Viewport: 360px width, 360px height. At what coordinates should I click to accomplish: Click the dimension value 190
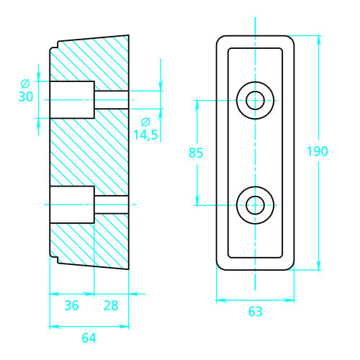click(318, 151)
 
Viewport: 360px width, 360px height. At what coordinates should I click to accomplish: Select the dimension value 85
click(196, 153)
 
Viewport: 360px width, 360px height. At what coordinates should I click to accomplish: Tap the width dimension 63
click(255, 312)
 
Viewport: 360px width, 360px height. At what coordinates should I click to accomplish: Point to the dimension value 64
click(89, 336)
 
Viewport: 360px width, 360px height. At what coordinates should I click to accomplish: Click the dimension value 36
click(71, 305)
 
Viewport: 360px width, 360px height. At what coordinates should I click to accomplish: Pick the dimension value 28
click(111, 305)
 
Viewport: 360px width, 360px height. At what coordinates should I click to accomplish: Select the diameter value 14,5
click(145, 135)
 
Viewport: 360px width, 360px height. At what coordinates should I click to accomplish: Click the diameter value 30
click(26, 97)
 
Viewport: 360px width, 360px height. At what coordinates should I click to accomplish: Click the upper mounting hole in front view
click(255, 100)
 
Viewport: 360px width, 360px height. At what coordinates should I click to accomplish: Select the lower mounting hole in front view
click(255, 205)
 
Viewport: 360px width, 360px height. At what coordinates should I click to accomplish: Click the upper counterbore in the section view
click(71, 100)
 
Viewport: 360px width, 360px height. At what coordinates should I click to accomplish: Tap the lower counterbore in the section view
click(71, 205)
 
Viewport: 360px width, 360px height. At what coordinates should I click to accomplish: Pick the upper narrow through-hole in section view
click(111, 100)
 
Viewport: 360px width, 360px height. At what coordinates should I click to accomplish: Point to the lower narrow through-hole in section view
click(111, 205)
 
